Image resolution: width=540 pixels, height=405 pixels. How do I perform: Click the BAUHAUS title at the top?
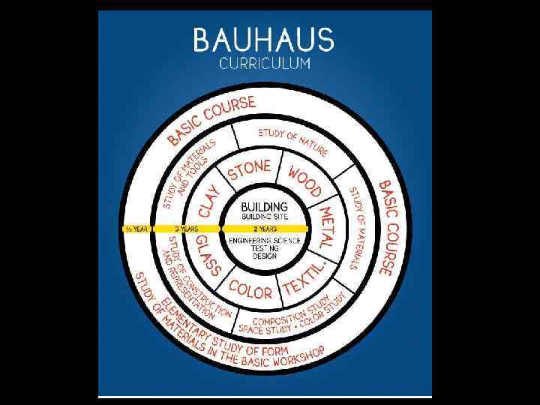pyautogui.click(x=263, y=40)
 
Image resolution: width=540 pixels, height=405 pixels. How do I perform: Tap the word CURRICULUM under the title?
pyautogui.click(x=264, y=64)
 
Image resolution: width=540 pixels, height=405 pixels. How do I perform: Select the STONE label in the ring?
pyautogui.click(x=248, y=169)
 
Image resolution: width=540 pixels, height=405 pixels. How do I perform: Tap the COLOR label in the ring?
pyautogui.click(x=250, y=288)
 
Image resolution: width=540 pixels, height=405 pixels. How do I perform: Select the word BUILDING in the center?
pyautogui.click(x=263, y=206)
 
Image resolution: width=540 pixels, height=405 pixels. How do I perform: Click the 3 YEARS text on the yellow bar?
pyautogui.click(x=187, y=228)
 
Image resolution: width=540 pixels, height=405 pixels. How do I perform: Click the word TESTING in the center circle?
pyautogui.click(x=264, y=247)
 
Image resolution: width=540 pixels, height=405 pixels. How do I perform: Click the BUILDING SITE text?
pyautogui.click(x=263, y=216)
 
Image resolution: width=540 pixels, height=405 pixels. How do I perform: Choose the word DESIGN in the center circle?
pyautogui.click(x=264, y=256)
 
